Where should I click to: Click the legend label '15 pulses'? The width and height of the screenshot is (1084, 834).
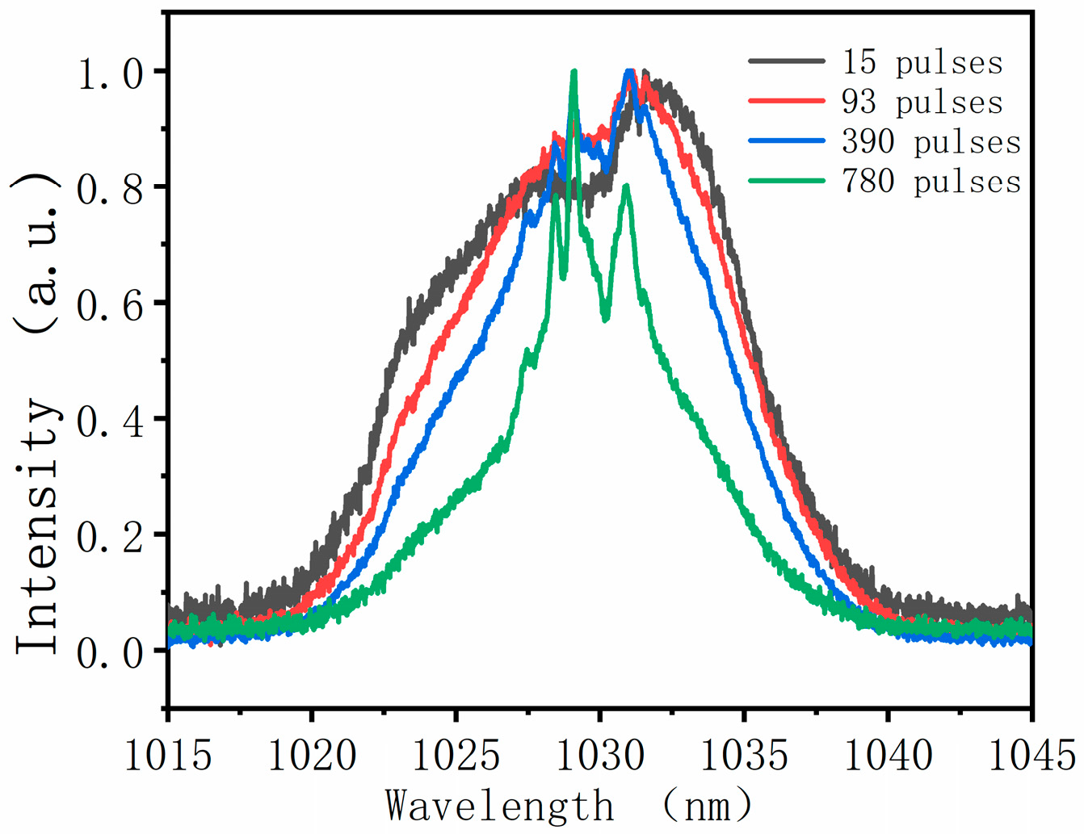922,62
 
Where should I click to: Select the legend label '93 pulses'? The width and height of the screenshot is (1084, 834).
922,102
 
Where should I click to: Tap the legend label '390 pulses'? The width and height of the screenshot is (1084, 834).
931,141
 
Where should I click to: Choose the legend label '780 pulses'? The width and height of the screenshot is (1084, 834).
931,181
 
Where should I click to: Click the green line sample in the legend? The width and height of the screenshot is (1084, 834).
787,181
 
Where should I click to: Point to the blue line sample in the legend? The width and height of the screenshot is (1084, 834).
787,141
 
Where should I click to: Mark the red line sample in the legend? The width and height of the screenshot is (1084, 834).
787,102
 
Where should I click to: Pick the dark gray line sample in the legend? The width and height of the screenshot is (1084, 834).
787,61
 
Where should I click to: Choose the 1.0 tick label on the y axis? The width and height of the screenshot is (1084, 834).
110,73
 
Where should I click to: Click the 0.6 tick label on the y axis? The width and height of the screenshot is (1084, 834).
110,305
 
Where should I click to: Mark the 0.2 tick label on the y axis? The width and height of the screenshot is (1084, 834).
110,537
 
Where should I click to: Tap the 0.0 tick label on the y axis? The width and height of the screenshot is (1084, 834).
110,652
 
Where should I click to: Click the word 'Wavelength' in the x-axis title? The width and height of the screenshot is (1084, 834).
499,806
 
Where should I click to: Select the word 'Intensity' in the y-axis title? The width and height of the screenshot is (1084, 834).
38,525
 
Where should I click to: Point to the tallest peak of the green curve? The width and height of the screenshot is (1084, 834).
574,73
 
